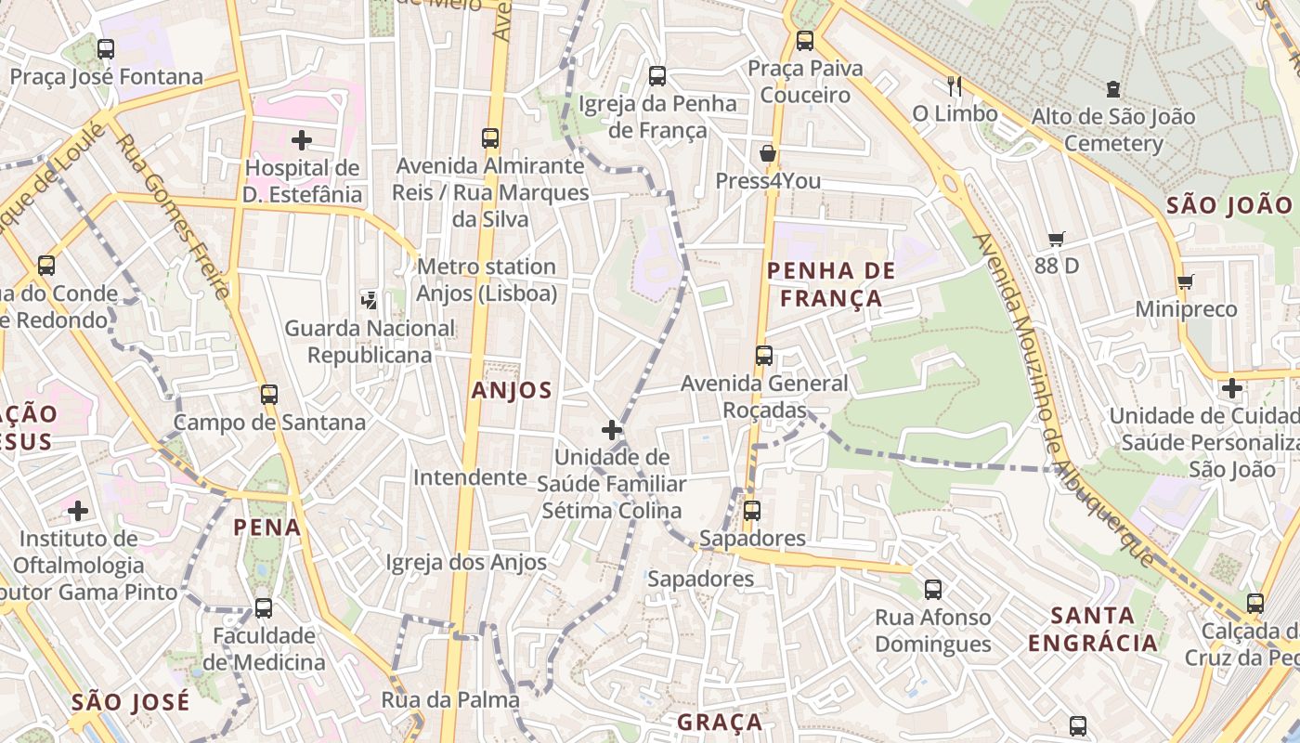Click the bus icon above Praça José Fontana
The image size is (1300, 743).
[x=106, y=48]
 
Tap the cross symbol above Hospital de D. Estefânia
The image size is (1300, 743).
[x=301, y=140]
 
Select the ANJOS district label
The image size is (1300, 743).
[x=512, y=391]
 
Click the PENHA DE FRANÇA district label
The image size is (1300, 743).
[x=831, y=284]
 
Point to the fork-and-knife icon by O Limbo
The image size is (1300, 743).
[x=955, y=86]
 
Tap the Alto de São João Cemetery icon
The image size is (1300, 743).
[x=1112, y=90]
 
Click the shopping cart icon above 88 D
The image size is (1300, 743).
[x=1056, y=239]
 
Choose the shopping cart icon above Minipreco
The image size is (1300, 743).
[x=1185, y=281]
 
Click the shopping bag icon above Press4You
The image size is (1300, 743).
[x=767, y=153]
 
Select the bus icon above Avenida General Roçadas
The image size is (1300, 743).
[x=763, y=355]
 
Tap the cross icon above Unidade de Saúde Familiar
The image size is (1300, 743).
[x=611, y=429]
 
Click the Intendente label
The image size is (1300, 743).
[x=470, y=477]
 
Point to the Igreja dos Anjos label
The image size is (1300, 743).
[x=466, y=562]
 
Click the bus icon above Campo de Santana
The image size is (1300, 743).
[x=269, y=395]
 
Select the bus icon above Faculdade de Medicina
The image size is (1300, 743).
[x=264, y=608]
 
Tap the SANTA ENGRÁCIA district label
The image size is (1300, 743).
[x=1093, y=629]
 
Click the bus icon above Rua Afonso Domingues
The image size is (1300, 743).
[x=932, y=589]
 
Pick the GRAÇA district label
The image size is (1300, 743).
[x=720, y=722]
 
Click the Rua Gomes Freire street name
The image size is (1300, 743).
[x=174, y=216]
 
